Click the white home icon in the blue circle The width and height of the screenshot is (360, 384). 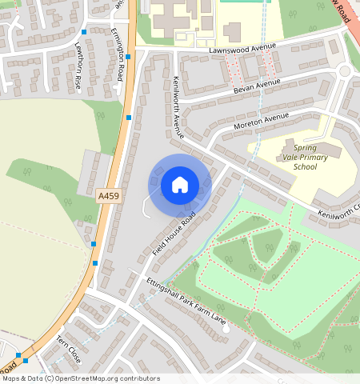point(180,186)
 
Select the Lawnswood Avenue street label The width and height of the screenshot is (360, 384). point(241,47)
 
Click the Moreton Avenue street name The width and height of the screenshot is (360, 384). point(261,122)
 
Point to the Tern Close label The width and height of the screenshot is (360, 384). point(69,350)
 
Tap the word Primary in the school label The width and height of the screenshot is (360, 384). point(306,158)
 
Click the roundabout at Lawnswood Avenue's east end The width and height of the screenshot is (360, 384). point(345,71)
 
